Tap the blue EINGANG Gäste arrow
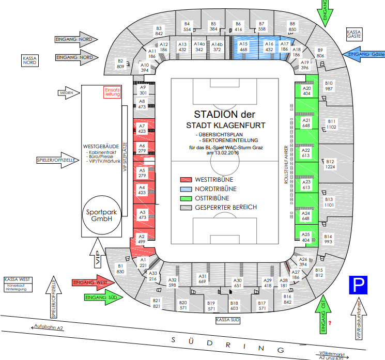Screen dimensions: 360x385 tap(363, 54)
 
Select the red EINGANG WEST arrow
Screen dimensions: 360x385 tap(91, 283)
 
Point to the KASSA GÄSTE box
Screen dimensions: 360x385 tap(354, 35)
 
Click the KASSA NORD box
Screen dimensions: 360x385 tap(29, 60)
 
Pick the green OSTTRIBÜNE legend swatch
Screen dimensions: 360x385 tap(186, 198)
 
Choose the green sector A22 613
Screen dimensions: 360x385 tap(306, 153)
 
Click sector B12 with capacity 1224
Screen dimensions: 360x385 tap(329, 164)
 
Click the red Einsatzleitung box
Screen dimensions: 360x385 tap(112, 91)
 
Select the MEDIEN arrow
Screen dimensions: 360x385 tap(69, 93)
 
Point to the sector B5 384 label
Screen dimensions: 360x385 tap(213, 27)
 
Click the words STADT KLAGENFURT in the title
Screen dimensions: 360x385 tap(226, 125)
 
